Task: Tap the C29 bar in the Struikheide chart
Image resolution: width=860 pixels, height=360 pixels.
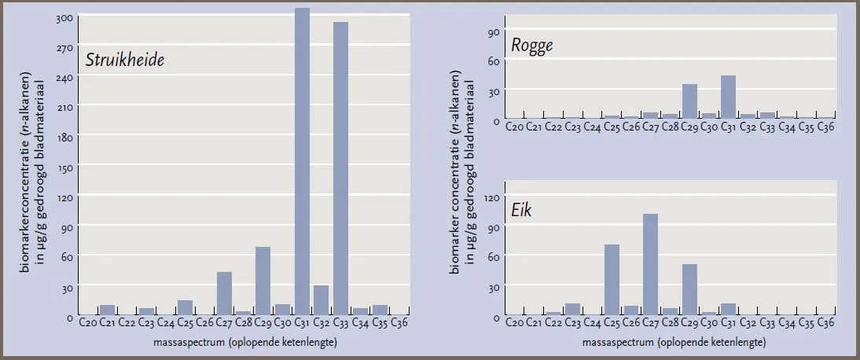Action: pos(263,281)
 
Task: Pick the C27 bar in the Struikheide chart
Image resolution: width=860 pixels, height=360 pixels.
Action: pos(224,294)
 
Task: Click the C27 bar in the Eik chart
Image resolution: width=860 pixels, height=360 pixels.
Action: pos(650,265)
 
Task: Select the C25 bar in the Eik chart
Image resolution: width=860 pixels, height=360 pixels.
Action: pos(612,280)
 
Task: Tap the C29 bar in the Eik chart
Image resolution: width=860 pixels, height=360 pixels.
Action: pos(690,290)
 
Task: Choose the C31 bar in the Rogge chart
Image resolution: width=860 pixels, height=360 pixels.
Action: pos(729,97)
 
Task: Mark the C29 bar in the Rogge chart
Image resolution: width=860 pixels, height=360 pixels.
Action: pos(690,101)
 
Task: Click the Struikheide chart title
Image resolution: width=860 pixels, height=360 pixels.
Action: pos(124,61)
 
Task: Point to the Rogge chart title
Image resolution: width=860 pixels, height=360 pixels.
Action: pos(531,46)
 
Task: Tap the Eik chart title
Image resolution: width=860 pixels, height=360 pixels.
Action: pos(522,210)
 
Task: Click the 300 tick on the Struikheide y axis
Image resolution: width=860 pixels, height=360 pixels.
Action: pos(64,18)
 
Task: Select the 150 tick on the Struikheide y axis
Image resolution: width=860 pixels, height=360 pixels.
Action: pos(64,167)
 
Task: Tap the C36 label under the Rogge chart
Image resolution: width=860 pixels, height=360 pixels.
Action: pos(826,127)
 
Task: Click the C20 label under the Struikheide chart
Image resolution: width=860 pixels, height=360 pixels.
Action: pos(88,323)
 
